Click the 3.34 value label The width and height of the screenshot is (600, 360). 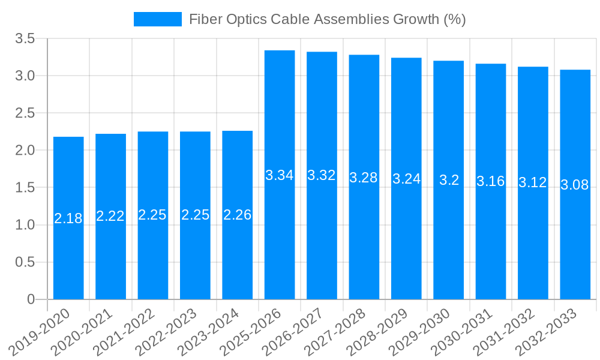click(x=280, y=175)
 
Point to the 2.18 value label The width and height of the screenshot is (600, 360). click(x=68, y=218)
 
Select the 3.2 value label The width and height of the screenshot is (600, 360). click(x=449, y=180)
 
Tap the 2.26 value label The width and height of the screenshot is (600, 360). click(x=237, y=215)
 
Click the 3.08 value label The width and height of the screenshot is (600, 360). click(x=575, y=185)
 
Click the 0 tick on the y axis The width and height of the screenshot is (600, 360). click(x=31, y=299)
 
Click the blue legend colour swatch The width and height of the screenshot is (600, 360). click(x=157, y=19)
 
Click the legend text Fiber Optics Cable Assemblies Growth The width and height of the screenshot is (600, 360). click(x=327, y=19)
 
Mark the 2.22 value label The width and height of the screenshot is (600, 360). click(x=110, y=216)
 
